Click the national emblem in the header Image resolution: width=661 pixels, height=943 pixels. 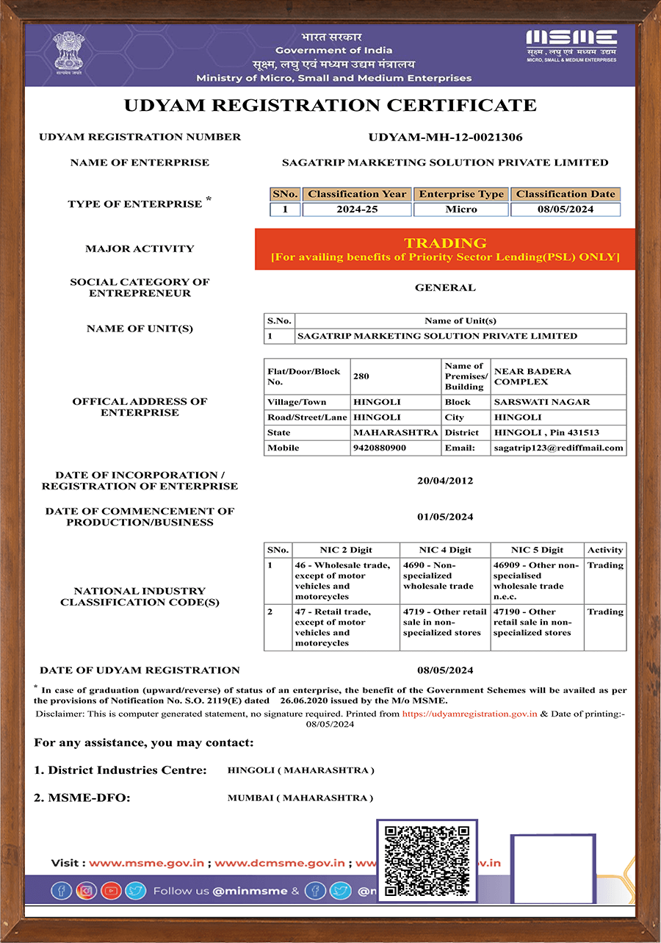coord(68,53)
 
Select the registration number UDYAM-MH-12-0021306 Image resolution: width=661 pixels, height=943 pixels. coord(445,137)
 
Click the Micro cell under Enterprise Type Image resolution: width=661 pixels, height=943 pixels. coord(460,209)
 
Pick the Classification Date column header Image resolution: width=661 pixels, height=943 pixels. coord(566,194)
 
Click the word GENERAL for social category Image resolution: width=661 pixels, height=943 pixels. coord(445,287)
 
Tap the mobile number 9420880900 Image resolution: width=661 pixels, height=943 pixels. coord(380,448)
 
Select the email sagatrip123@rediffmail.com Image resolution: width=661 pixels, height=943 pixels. coord(558,448)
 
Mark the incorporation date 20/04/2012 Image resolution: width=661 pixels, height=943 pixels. coord(445,481)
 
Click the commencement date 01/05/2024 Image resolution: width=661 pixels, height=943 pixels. coord(445,517)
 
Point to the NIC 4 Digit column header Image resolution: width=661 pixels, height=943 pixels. coord(445,550)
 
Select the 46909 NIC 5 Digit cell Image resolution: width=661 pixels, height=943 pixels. coord(536,581)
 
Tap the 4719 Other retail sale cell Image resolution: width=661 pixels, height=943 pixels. coord(445,623)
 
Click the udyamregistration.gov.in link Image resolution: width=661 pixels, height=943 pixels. coord(470,714)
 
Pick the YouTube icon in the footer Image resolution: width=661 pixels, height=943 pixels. coord(111,891)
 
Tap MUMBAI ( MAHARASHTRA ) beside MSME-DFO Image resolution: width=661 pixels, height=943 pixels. coord(300,797)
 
